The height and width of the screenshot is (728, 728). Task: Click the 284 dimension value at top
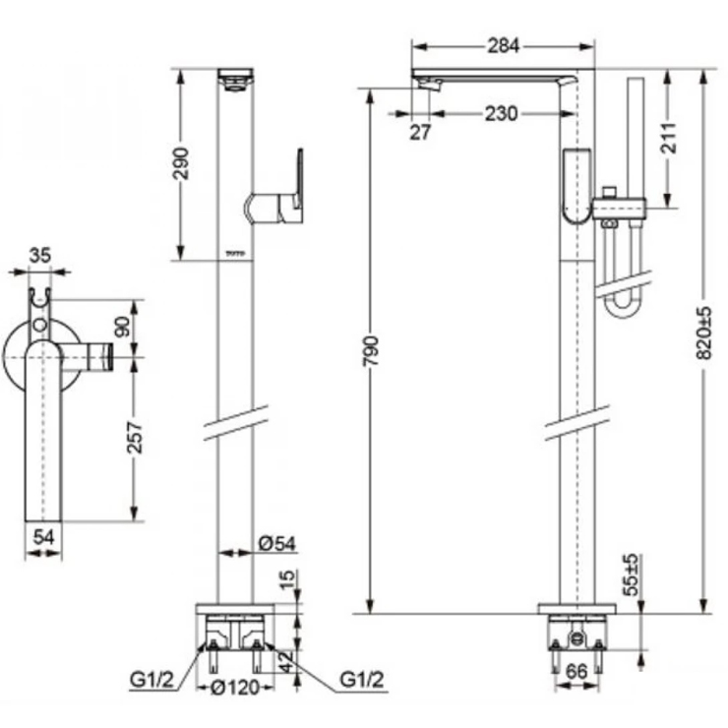(503, 45)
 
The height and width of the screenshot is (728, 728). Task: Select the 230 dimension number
(500, 113)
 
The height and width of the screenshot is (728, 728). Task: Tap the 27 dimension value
(420, 133)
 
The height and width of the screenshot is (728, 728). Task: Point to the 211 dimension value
(669, 138)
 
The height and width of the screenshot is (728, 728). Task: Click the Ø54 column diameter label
(274, 543)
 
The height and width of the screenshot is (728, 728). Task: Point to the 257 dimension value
(137, 437)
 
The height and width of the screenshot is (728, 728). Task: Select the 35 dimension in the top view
(39, 256)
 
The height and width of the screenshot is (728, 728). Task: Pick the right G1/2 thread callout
(361, 679)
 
